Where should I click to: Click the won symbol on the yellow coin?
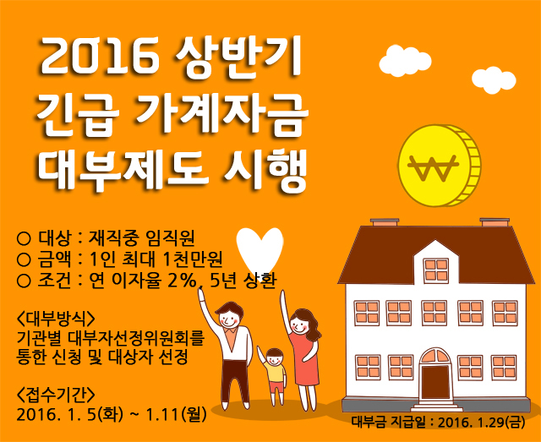(x=433, y=168)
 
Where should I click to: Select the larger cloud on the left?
(x=405, y=61)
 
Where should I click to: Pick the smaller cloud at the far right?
(x=494, y=80)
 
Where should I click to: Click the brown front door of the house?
(x=435, y=382)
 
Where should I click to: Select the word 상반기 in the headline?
(x=238, y=57)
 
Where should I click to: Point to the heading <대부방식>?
(x=55, y=319)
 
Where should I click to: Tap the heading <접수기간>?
(x=55, y=395)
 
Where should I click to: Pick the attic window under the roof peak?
(x=436, y=270)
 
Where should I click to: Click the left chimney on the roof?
(x=385, y=222)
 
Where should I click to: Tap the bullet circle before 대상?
(x=24, y=238)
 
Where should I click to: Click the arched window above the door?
(x=435, y=356)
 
